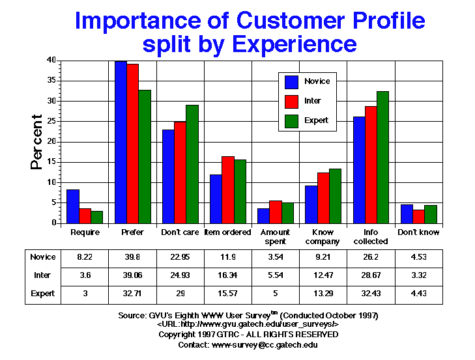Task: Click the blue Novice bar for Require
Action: point(74,206)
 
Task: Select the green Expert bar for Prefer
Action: point(144,157)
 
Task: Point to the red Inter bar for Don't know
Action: point(418,217)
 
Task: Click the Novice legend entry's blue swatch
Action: point(292,81)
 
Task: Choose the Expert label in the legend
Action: point(316,120)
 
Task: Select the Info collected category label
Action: point(371,237)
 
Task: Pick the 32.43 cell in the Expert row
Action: point(371,294)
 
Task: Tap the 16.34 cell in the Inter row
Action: point(228,276)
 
